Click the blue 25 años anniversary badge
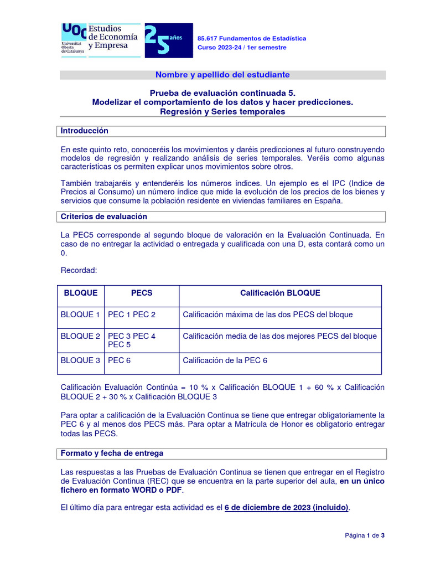[168, 40]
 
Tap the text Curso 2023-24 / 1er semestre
[242, 48]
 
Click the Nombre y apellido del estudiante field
[222, 75]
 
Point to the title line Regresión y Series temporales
[222, 111]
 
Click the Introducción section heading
[85, 131]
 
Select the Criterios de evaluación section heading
[103, 217]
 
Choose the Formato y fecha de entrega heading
[112, 453]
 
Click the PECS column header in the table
[142, 293]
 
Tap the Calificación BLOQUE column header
[280, 293]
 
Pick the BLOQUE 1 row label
[80, 315]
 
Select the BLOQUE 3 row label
[80, 360]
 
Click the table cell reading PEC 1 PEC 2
[132, 315]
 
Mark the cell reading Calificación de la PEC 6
[225, 360]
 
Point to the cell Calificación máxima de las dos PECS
[267, 315]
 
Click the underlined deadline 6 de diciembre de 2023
[287, 508]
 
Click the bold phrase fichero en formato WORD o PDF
[121, 490]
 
